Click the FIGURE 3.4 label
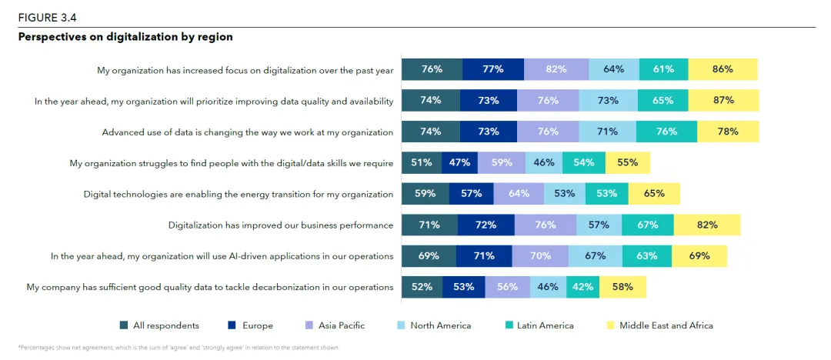(48, 17)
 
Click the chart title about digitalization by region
(125, 37)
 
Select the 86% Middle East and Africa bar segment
(723, 69)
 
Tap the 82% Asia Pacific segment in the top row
(556, 69)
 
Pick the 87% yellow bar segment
(723, 101)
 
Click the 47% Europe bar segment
(459, 163)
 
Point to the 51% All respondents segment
(422, 163)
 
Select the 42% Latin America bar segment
(583, 287)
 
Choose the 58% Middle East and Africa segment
(622, 287)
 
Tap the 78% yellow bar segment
(728, 132)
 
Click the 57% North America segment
(599, 225)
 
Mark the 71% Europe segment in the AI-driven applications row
(484, 256)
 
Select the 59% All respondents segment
(426, 194)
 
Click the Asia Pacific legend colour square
(309, 325)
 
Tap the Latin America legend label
(545, 325)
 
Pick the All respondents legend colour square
(124, 325)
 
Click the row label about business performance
(281, 225)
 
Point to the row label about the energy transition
(239, 194)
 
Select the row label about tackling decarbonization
(210, 287)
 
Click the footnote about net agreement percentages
(179, 348)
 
